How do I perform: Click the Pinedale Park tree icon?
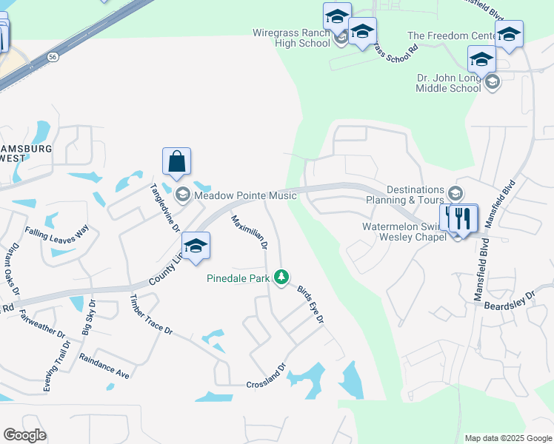click(281, 277)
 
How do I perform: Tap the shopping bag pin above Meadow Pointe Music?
click(177, 161)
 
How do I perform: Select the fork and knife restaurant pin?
click(463, 219)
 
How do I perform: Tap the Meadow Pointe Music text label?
click(244, 195)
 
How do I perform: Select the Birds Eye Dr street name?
click(311, 303)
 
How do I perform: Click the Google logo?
click(24, 435)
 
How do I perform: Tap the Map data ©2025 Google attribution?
click(507, 438)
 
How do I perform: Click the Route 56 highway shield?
click(53, 55)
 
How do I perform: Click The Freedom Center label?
click(449, 36)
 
